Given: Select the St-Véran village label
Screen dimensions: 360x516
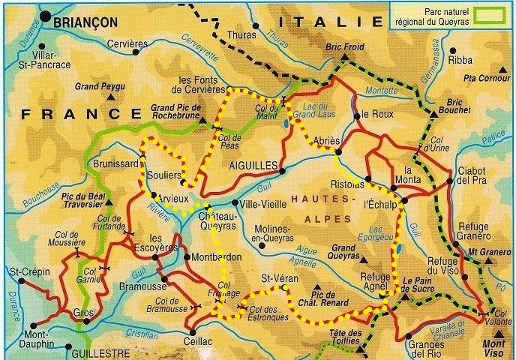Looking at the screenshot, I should pyautogui.click(x=276, y=280).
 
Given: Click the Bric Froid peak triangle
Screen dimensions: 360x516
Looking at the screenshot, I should pyautogui.click(x=343, y=56).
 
